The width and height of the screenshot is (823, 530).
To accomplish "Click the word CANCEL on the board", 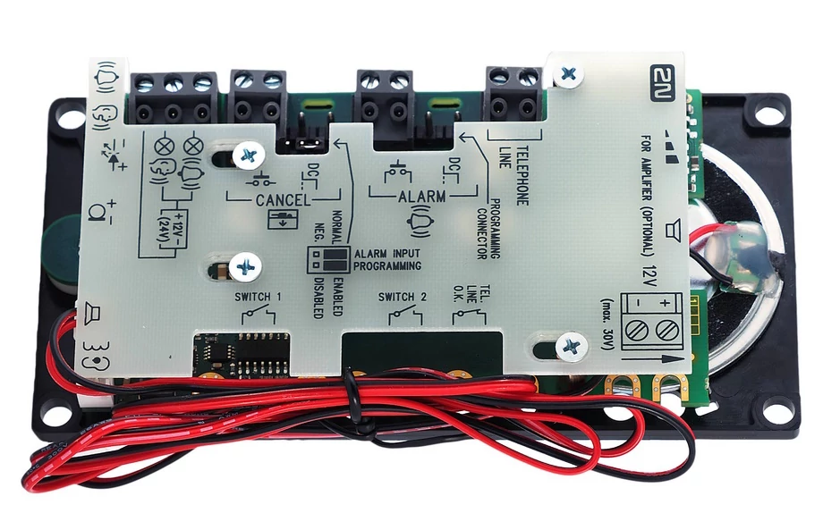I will tap(284, 200).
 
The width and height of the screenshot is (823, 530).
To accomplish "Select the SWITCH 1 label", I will tap(259, 296).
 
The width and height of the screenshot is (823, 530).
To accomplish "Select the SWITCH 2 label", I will tap(403, 296).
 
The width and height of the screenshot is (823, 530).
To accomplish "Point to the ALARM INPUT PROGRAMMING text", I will tap(387, 260).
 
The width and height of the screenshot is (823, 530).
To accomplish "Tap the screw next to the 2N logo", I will tap(567, 75).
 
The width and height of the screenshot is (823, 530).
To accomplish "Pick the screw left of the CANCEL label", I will tap(244, 157).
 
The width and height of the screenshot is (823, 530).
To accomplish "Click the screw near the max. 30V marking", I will tap(570, 345).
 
